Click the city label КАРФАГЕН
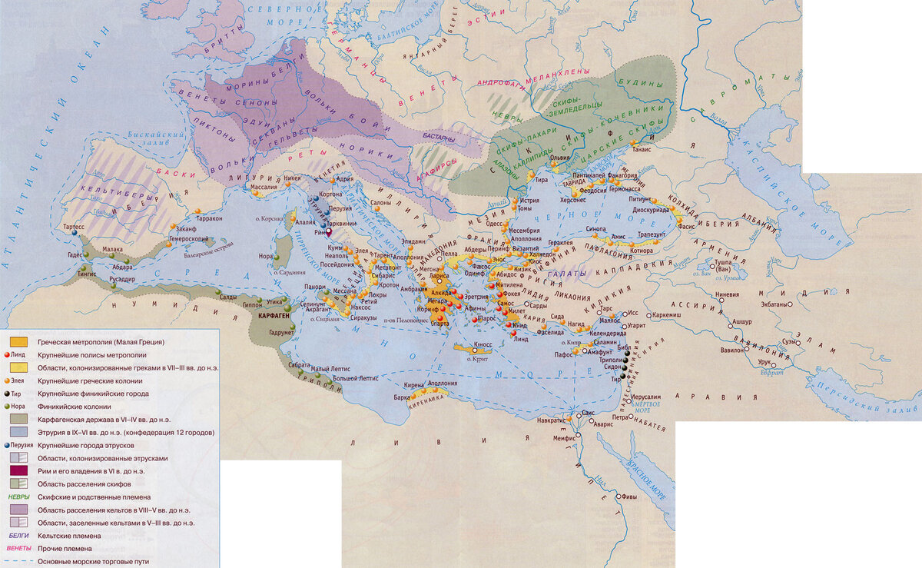[274, 316]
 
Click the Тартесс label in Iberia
[75, 228]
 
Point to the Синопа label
[595, 229]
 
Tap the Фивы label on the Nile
[628, 496]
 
